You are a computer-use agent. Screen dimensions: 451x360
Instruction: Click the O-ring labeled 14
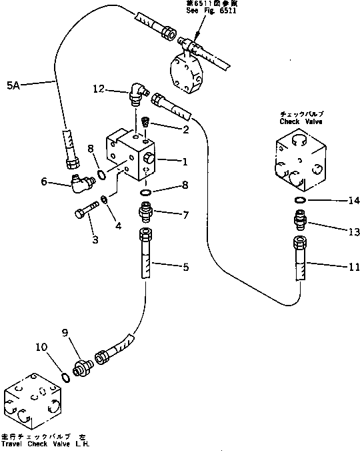[x=300, y=200]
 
